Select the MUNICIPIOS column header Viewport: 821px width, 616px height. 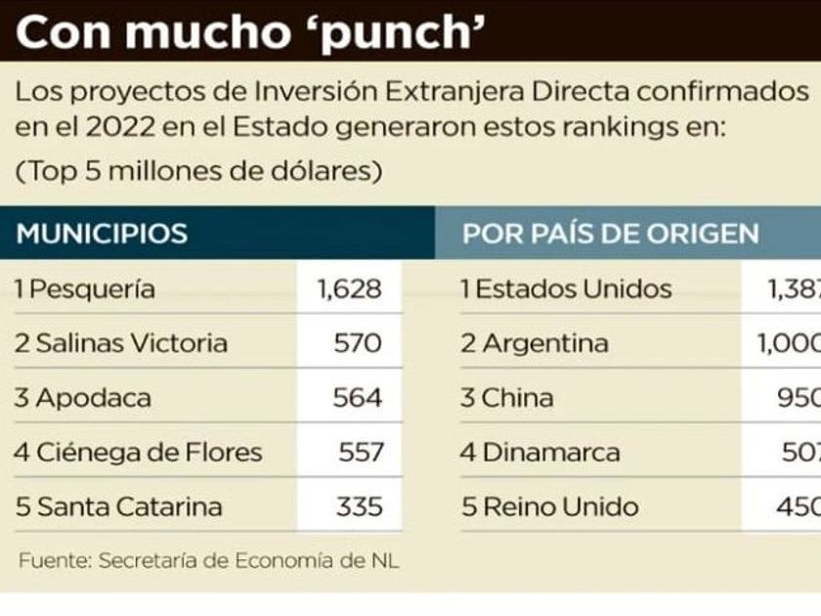tap(102, 234)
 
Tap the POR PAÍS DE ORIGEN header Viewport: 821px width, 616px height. tap(610, 234)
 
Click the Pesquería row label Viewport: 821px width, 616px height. tap(86, 289)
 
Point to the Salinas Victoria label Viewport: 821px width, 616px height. tap(121, 343)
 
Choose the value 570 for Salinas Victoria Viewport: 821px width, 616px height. tap(358, 343)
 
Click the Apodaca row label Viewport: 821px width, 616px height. tap(84, 398)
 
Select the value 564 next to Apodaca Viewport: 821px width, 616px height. tap(358, 398)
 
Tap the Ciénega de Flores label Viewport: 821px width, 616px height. tap(139, 453)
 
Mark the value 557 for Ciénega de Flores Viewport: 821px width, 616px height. tap(360, 453)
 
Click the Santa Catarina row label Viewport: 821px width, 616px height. tap(119, 507)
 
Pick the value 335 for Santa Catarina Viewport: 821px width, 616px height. tap(358, 507)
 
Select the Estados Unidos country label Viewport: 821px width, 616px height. tap(567, 289)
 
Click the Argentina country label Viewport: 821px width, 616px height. tap(535, 343)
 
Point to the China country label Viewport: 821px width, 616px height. tap(507, 398)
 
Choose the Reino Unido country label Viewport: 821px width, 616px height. tap(549, 507)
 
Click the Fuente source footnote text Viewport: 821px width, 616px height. tap(208, 561)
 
